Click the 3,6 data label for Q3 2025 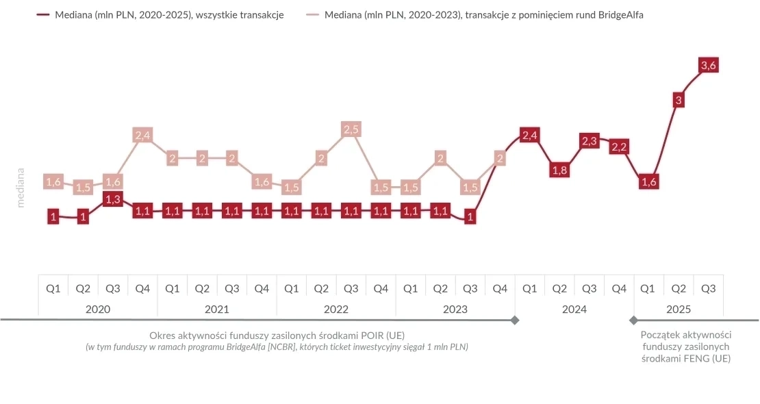point(709,65)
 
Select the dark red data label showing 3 point(679,101)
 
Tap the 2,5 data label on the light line point(351,129)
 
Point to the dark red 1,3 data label point(112,199)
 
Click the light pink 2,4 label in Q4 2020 point(142,136)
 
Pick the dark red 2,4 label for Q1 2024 point(529,136)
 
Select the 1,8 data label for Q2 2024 point(559,171)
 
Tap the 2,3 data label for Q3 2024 point(590,141)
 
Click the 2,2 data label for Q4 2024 point(619,147)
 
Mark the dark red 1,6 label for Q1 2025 point(649,181)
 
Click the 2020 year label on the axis point(98,310)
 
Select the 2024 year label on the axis point(574,310)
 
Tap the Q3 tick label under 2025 point(709,289)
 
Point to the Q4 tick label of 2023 point(500,289)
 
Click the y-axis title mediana point(21,188)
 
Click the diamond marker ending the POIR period point(515,320)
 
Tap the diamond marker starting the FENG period point(633,320)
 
